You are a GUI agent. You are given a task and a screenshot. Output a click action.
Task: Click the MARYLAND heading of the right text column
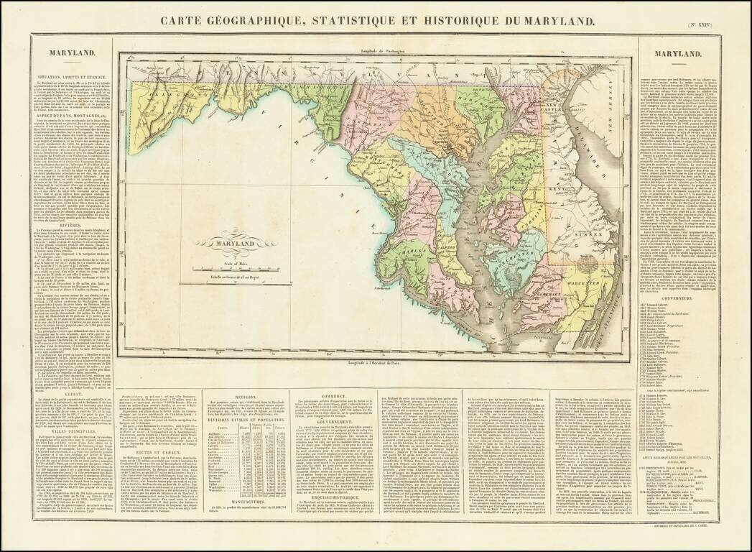[677, 54]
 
